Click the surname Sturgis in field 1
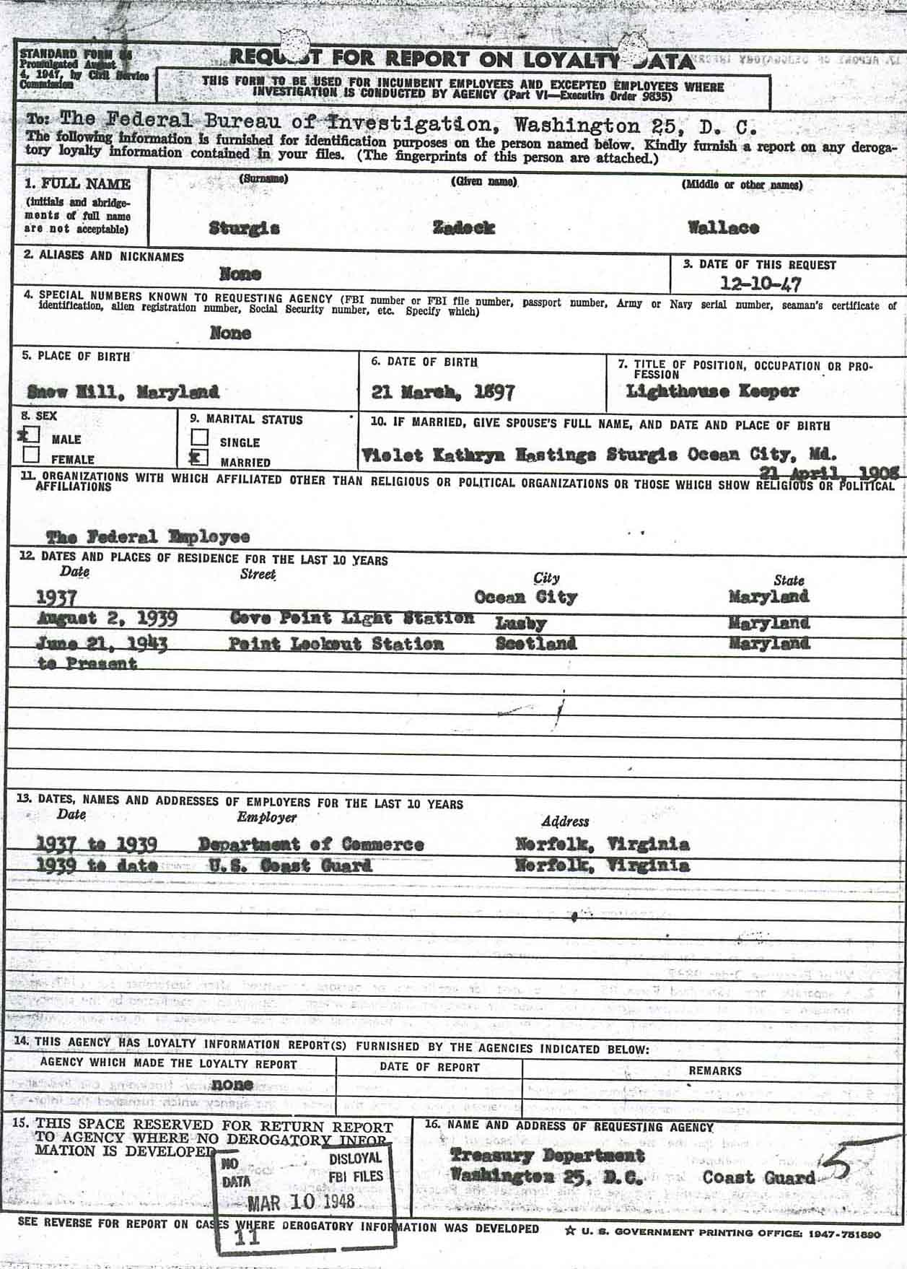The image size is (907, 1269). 244,229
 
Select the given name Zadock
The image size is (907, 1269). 463,228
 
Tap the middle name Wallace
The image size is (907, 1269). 723,228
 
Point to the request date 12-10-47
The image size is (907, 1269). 760,284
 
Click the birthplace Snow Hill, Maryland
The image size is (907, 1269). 123,392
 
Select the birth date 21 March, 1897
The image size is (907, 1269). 442,393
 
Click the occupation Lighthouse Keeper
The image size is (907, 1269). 712,391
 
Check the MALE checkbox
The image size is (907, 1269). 30,435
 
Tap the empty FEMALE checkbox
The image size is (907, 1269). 31,455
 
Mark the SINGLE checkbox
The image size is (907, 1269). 200,437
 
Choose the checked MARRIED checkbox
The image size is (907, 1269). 200,458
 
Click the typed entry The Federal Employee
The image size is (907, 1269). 148,537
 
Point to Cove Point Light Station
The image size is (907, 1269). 352,619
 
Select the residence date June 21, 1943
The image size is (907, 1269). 101,644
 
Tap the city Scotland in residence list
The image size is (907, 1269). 535,644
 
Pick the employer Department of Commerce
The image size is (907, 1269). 310,845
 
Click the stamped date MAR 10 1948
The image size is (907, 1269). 301,1202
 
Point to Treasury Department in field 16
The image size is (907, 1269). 547,1156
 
